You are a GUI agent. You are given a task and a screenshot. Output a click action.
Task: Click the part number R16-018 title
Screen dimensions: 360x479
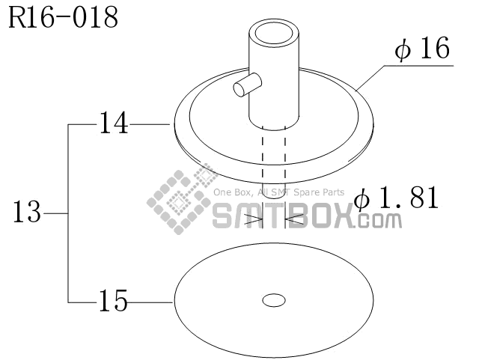tap(63, 18)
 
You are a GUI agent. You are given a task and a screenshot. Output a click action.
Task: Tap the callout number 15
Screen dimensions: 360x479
tap(113, 302)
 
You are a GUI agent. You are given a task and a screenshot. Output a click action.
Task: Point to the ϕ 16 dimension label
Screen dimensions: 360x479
tap(423, 49)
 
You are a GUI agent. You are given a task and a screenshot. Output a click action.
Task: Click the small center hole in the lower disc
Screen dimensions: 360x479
tap(274, 300)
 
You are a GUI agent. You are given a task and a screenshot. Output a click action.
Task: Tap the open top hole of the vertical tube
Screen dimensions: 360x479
tap(274, 34)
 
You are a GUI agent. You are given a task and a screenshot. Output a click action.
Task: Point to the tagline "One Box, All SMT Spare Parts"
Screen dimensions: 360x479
tap(279, 192)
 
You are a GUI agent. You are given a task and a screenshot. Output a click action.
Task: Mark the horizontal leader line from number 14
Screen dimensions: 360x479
tap(150, 123)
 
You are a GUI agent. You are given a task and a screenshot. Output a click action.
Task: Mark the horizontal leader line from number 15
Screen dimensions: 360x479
tap(150, 302)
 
